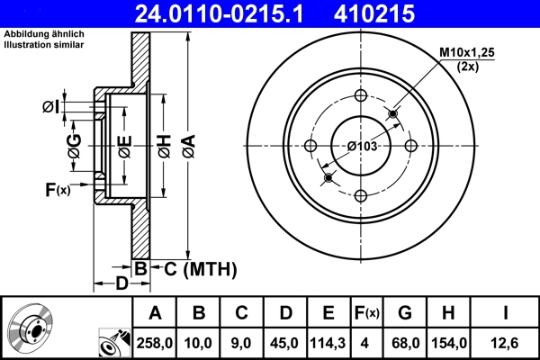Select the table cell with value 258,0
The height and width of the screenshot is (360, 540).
(155, 343)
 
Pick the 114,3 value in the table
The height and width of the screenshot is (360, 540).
(328, 343)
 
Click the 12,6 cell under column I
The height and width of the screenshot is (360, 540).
(507, 343)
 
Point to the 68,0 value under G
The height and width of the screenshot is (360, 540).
(405, 343)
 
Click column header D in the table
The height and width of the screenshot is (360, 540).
(285, 313)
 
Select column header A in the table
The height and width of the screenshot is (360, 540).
(155, 313)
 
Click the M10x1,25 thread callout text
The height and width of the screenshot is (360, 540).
(465, 54)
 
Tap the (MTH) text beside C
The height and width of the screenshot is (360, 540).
(211, 268)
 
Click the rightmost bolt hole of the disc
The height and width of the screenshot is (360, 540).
(410, 146)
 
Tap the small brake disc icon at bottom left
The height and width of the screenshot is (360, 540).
(31, 328)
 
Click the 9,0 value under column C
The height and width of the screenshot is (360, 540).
(241, 343)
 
